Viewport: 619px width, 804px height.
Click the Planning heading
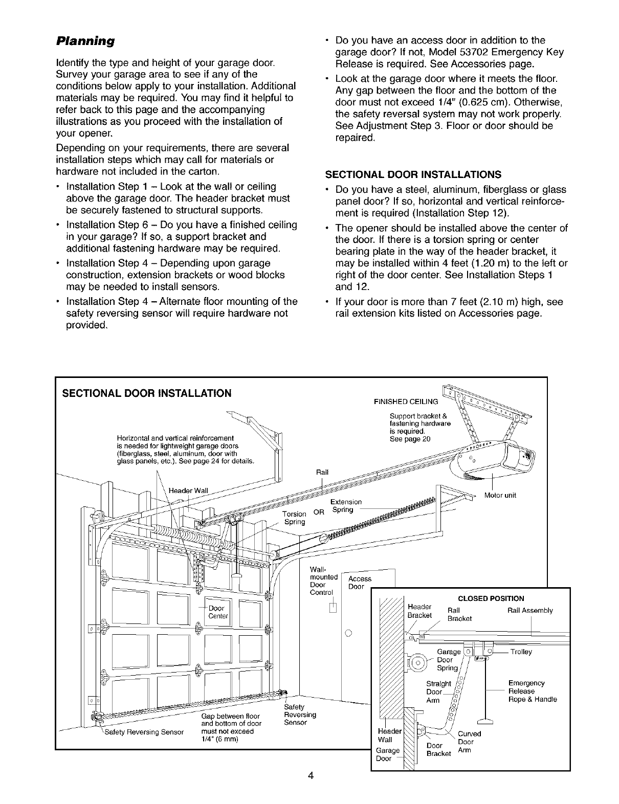[85, 40]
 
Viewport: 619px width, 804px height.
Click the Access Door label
[359, 583]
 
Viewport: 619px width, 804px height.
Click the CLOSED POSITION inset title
[498, 598]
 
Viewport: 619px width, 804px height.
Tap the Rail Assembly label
[530, 610]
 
